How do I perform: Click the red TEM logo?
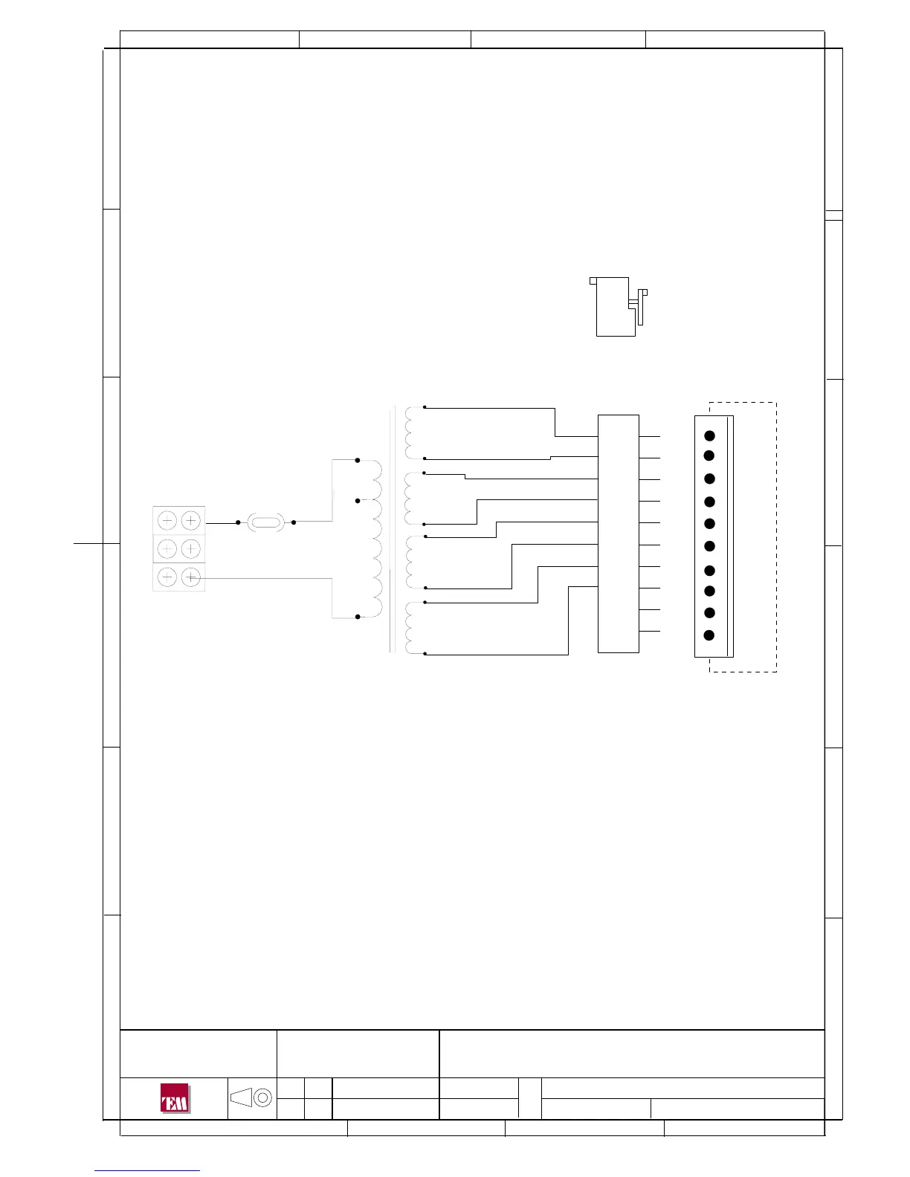click(x=175, y=1098)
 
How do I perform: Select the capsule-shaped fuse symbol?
click(x=265, y=522)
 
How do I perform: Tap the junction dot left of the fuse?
click(x=238, y=522)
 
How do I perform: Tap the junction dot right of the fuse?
click(x=294, y=522)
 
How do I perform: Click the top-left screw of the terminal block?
click(x=167, y=521)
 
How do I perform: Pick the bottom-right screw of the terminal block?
click(x=191, y=577)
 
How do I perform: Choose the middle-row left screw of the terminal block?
click(x=167, y=548)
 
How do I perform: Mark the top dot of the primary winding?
click(x=357, y=461)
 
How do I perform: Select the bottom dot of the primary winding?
click(x=357, y=617)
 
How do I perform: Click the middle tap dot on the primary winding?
click(x=357, y=501)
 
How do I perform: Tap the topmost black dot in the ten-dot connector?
click(x=709, y=435)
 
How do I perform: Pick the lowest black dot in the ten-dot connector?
click(x=709, y=635)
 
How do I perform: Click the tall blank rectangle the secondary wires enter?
click(x=619, y=534)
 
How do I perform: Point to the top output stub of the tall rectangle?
click(x=650, y=436)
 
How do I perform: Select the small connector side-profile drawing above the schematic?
click(x=619, y=307)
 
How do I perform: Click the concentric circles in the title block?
click(x=262, y=1097)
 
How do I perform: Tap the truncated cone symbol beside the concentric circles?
click(x=241, y=1097)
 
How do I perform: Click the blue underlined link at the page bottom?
click(x=147, y=1170)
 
